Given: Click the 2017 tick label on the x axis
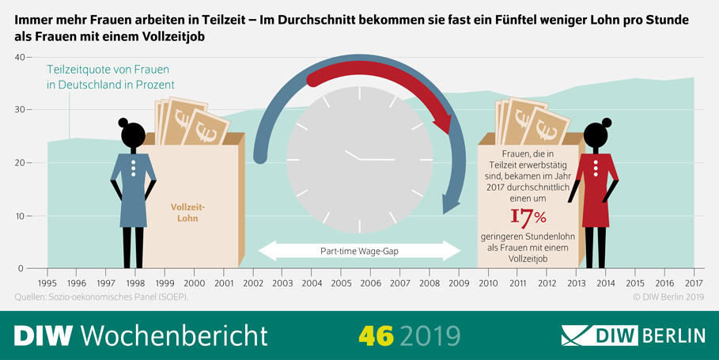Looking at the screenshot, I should click(x=694, y=282).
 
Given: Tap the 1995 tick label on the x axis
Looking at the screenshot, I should click(x=47, y=282).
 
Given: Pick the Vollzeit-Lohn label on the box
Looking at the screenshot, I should click(x=188, y=212).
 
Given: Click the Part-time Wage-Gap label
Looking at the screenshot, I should click(x=360, y=251).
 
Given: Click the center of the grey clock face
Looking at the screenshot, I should click(x=360, y=160).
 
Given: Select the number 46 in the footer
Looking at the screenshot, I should click(x=375, y=335).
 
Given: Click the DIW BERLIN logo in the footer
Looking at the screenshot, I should click(x=633, y=335).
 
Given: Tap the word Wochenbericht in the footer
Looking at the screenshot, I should click(x=174, y=335).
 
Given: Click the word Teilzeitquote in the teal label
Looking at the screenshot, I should click(x=85, y=70).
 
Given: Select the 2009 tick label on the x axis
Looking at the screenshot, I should click(x=458, y=282).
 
